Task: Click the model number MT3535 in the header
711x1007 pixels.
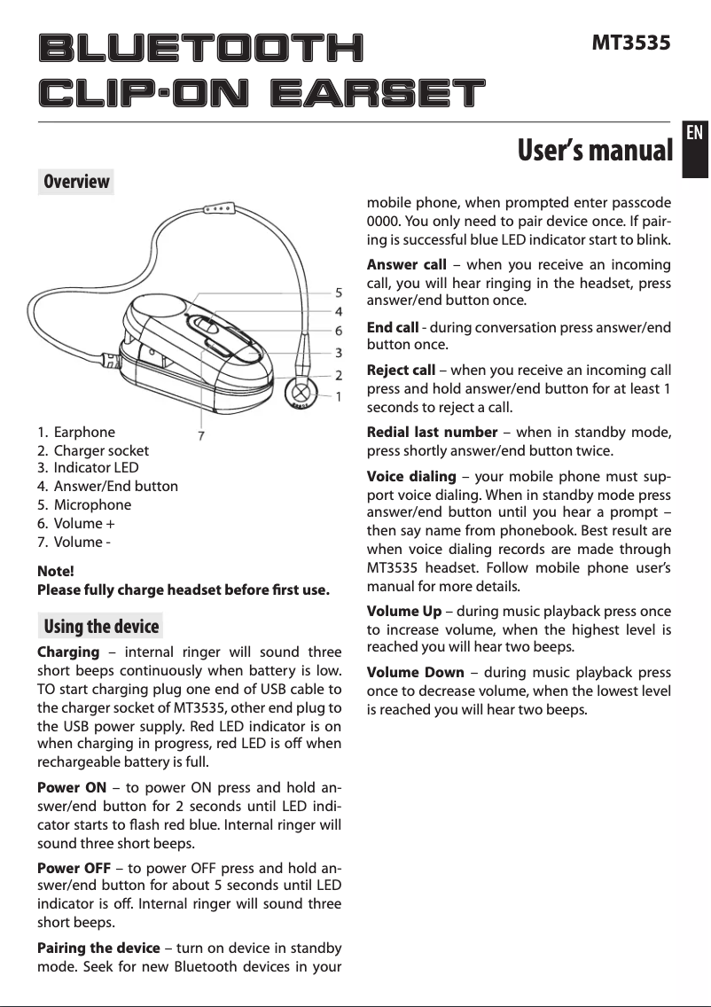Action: click(x=630, y=42)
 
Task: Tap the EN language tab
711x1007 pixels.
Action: click(x=695, y=133)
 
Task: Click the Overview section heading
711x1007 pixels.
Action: click(x=77, y=182)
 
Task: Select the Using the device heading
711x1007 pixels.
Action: click(x=101, y=627)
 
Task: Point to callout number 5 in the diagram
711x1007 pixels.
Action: click(x=339, y=292)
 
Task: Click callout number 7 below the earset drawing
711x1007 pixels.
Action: click(x=202, y=435)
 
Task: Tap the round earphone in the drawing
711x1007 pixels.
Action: click(x=301, y=390)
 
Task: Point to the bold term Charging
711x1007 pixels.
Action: click(x=67, y=653)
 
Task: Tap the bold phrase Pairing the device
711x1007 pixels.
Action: click(x=98, y=948)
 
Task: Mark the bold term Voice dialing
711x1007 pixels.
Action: click(x=411, y=477)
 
